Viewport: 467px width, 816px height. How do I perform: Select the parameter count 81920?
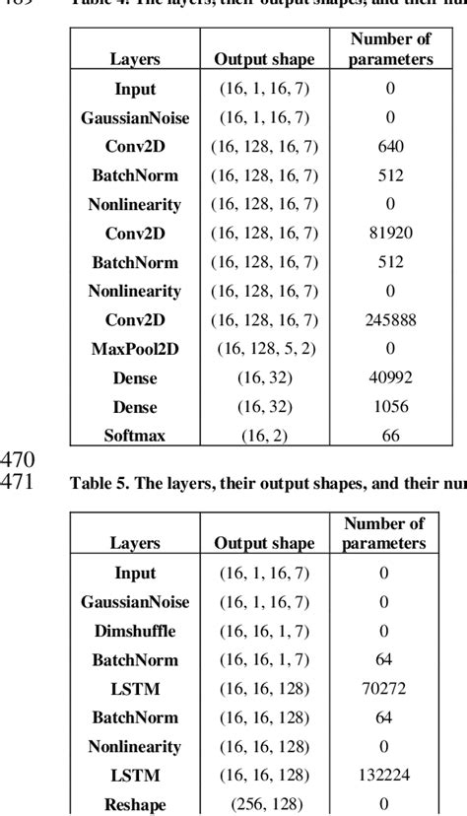(390, 234)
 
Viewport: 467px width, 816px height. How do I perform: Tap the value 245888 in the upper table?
(390, 319)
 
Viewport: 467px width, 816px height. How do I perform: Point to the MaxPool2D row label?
(135, 348)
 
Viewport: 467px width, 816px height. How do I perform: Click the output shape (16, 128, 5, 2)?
(264, 348)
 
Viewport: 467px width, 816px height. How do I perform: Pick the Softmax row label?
(135, 434)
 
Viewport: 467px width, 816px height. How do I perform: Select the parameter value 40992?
(390, 376)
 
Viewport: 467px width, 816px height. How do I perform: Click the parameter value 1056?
(390, 405)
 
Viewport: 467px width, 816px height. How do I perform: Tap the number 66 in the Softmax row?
(390, 434)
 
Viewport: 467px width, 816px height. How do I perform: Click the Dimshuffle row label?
(135, 631)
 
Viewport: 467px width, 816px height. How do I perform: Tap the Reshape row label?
(135, 803)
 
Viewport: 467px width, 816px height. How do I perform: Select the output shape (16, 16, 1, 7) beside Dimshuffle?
(264, 631)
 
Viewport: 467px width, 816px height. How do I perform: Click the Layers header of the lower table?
(135, 543)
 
